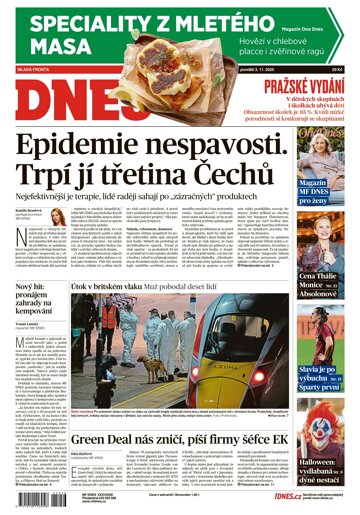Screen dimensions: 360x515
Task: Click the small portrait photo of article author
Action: tap(18, 224)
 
